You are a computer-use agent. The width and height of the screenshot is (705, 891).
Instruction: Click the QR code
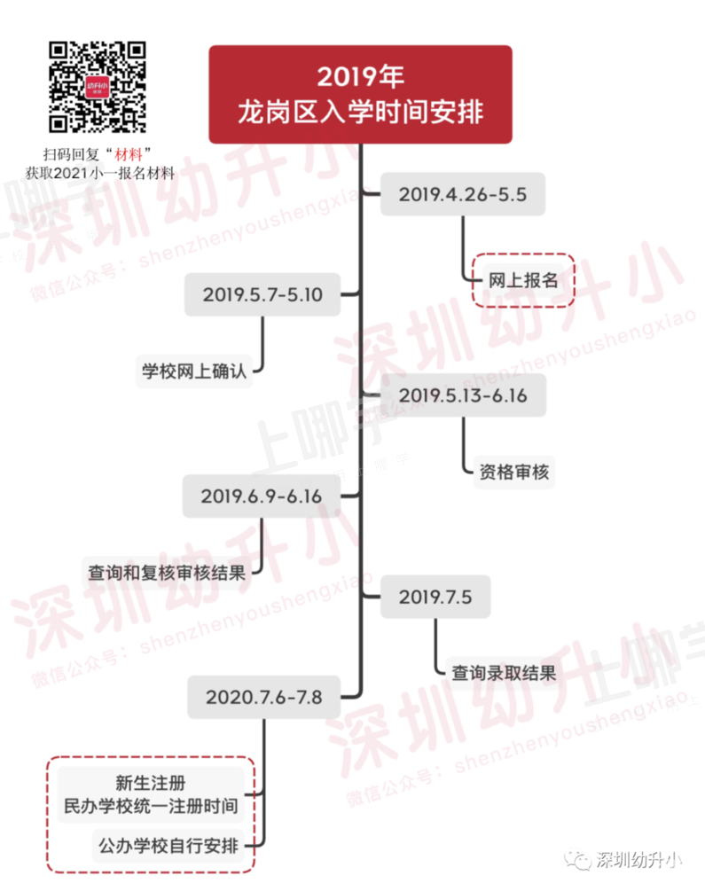98,86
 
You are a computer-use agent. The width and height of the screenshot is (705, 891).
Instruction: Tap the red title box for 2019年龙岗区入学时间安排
360,94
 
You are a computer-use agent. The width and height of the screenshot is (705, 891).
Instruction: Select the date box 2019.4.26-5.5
463,194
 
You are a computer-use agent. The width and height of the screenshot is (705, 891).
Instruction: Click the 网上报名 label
523,280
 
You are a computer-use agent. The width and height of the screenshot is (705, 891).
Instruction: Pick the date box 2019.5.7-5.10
262,294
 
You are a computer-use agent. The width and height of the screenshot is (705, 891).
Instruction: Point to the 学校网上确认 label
194,371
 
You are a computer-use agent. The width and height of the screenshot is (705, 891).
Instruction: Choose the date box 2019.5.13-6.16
464,395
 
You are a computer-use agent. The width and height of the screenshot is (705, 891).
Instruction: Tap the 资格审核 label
514,472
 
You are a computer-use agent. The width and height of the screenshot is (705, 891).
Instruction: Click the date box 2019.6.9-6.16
262,496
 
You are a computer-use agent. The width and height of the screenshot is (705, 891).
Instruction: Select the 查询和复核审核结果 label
167,572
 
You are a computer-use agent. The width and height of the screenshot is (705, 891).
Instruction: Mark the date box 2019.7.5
435,597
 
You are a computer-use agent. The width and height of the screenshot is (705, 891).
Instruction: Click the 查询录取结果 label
504,674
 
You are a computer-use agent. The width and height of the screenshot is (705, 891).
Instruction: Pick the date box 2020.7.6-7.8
264,697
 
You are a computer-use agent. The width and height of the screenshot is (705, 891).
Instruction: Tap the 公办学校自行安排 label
168,846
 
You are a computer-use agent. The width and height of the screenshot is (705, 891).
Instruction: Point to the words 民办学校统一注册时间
151,806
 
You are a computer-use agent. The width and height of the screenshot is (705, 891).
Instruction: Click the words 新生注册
151,783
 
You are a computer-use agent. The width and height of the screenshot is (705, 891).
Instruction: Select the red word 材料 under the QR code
129,154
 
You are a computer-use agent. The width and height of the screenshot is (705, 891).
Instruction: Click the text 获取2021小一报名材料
100,173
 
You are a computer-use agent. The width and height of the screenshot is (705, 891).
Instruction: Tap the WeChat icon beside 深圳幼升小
577,860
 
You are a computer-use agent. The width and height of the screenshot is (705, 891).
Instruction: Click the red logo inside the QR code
98,87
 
